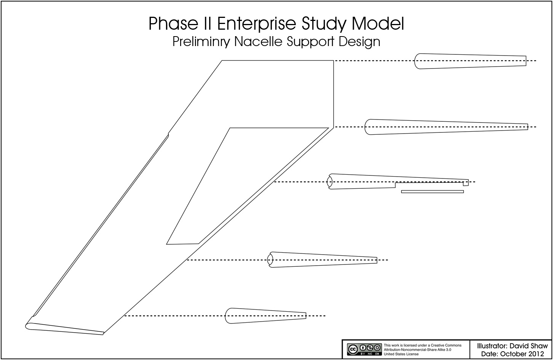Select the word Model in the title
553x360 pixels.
[x=378, y=24]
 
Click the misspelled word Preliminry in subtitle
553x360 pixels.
[x=201, y=42]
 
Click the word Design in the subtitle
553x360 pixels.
[x=359, y=42]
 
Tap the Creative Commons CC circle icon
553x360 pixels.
[x=352, y=349]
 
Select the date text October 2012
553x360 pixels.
[x=522, y=354]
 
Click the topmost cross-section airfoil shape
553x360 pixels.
[x=470, y=61]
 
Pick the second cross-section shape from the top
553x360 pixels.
[x=446, y=127]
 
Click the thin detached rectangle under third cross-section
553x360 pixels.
[x=432, y=192]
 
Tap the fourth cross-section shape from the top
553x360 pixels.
[x=322, y=260]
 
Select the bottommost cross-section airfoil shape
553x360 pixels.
[x=265, y=315]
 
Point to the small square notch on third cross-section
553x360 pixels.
[x=466, y=183]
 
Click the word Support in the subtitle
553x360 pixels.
[x=310, y=42]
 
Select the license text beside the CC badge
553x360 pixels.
[x=422, y=350]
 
